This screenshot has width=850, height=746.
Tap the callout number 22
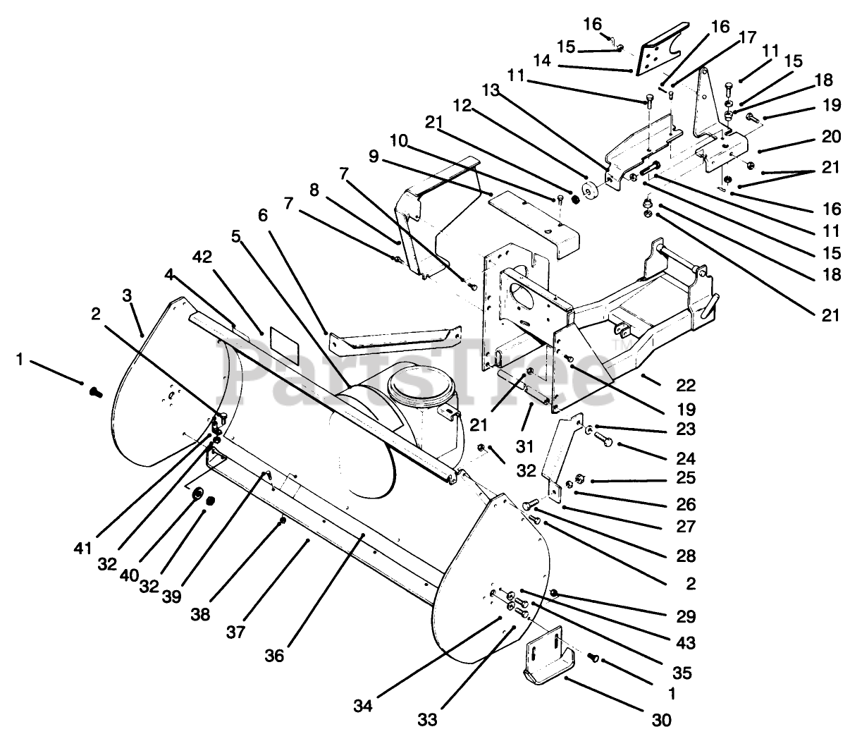point(685,385)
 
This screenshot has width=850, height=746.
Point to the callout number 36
point(274,655)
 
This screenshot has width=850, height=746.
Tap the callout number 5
point(235,216)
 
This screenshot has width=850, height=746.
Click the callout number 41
point(83,546)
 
